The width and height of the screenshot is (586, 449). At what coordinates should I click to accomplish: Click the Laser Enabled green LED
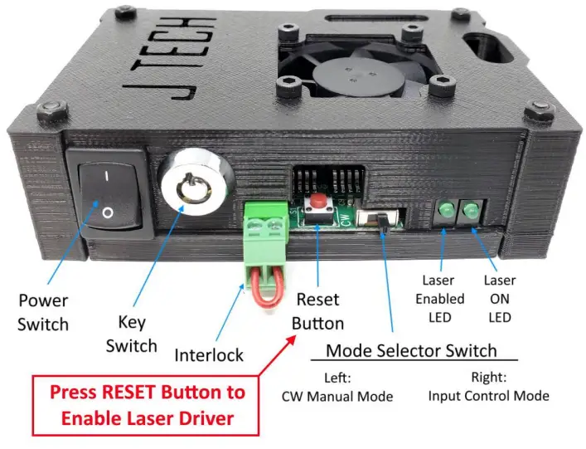[x=447, y=212]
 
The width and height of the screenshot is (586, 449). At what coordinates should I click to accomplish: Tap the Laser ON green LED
[x=472, y=212]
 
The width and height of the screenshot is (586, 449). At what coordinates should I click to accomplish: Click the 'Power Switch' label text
[x=43, y=312]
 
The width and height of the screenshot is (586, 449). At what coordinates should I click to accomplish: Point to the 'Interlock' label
[x=209, y=355]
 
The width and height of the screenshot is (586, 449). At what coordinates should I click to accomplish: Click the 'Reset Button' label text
[x=319, y=310]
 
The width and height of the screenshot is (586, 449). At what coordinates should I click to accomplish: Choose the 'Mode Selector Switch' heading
[x=411, y=349]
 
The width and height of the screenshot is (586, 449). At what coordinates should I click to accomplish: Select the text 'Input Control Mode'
[x=488, y=396]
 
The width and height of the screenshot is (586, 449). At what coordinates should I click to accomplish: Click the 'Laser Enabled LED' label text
[x=438, y=299]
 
